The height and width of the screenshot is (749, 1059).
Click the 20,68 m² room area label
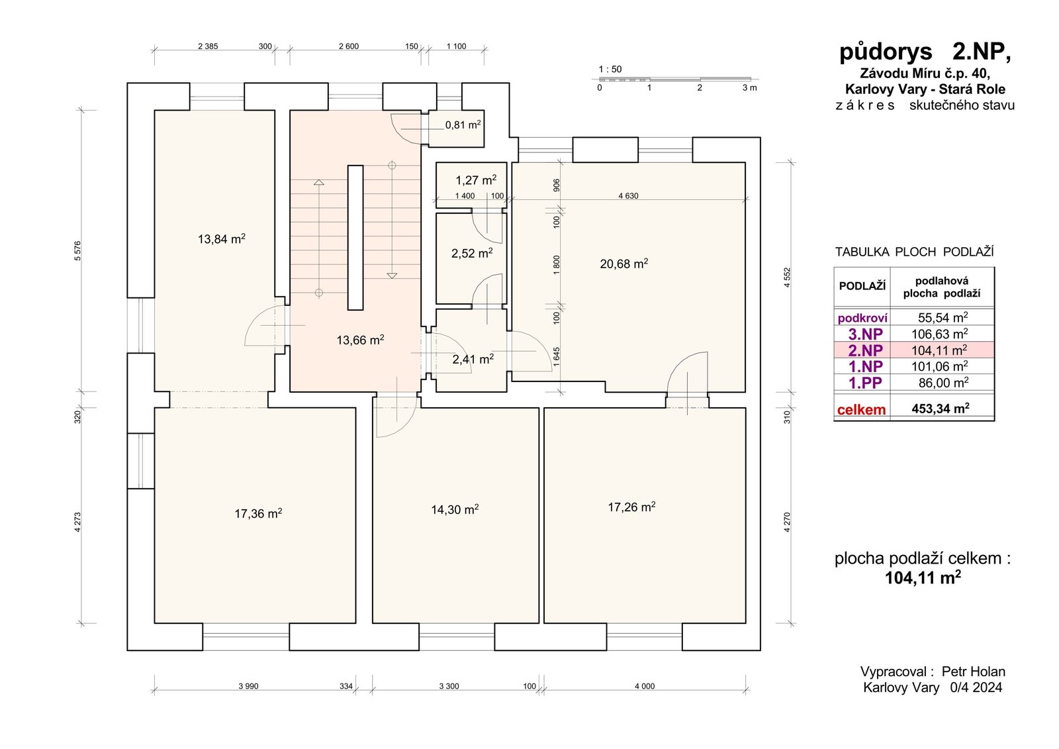click(x=623, y=264)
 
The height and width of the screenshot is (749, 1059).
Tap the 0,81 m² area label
click(x=463, y=125)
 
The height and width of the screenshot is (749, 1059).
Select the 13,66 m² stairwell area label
click(x=360, y=340)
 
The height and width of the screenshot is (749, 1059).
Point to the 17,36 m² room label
click(x=259, y=513)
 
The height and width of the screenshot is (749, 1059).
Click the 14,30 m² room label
click(x=455, y=509)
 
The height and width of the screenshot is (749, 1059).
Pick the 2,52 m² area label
click(x=472, y=253)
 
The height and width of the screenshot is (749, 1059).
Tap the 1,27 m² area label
click(x=476, y=180)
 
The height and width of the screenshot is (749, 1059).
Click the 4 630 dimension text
click(x=628, y=196)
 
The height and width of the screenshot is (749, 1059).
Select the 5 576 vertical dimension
click(x=77, y=251)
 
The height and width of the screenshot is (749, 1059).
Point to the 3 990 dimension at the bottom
click(x=249, y=686)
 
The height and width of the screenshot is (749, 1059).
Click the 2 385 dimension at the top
click(x=208, y=46)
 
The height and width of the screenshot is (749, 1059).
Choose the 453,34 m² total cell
click(x=941, y=409)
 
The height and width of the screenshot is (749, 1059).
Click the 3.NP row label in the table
click(x=865, y=334)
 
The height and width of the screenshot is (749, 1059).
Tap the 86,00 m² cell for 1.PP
click(x=943, y=382)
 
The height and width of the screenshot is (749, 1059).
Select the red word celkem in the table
click(x=861, y=409)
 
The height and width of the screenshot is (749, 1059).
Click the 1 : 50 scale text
click(x=610, y=69)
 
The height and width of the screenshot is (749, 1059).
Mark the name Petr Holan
click(x=974, y=672)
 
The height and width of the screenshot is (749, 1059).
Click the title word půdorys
click(x=886, y=52)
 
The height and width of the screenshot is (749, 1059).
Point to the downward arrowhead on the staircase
click(x=392, y=275)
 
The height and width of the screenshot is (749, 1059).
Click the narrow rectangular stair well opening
click(x=355, y=238)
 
